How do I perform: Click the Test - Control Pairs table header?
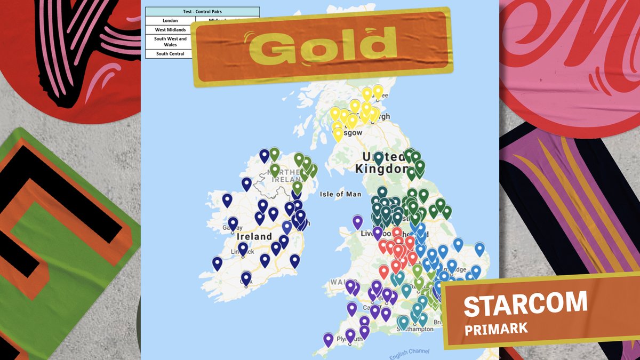click(202, 12)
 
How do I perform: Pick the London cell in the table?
click(170, 21)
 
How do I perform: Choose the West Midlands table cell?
click(170, 30)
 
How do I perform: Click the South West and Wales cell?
click(170, 42)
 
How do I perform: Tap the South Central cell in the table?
click(170, 54)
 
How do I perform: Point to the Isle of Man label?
click(340, 195)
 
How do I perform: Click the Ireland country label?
click(254, 236)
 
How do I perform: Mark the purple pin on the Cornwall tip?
click(328, 338)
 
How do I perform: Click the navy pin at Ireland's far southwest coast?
click(217, 262)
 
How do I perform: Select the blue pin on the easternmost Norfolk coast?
click(479, 248)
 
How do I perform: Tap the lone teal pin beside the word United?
click(378, 157)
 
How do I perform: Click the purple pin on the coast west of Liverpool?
click(357, 221)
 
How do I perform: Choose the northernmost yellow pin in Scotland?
click(378, 92)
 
